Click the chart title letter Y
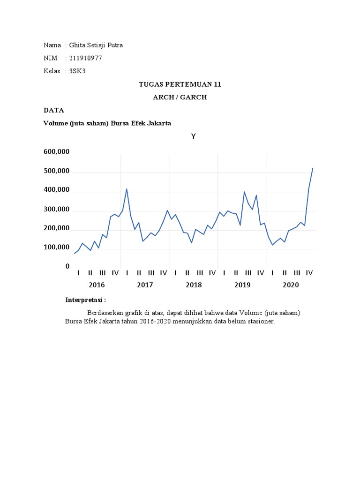(193, 136)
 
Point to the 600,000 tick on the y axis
(57, 152)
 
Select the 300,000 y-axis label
(57, 210)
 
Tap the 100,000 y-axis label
(57, 247)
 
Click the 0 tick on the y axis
(67, 266)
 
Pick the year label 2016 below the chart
(97, 285)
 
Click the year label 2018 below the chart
(194, 285)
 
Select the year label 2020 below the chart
(291, 285)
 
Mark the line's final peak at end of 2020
(313, 168)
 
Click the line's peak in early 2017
(127, 189)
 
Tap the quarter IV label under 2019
(261, 273)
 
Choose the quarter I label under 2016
(78, 273)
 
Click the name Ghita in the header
(78, 45)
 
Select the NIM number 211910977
(85, 58)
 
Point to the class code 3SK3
(77, 71)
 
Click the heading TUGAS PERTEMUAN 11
(180, 84)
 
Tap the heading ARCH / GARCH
(180, 97)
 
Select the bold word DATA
(53, 110)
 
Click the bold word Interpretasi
(84, 300)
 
